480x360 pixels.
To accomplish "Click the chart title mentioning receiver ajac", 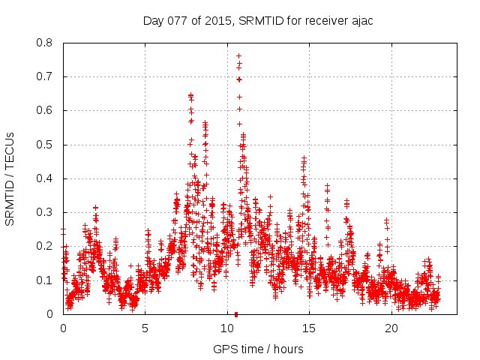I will click(258, 20).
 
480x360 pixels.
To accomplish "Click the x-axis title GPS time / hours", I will click(258, 349).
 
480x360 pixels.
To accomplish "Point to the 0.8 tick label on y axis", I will click(46, 43).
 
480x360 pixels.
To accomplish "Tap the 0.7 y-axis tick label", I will click(46, 76).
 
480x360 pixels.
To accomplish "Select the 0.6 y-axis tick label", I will click(46, 110).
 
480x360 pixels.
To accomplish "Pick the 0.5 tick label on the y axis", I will click(46, 145).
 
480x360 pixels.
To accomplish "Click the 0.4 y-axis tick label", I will click(46, 178).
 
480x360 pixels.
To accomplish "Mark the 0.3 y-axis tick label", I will click(46, 212).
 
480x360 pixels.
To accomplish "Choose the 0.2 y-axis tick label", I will click(46, 246).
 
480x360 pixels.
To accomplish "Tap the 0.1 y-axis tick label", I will click(46, 280).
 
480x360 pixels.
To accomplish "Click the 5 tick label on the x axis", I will click(145, 328).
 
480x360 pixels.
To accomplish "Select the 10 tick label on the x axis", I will click(227, 328).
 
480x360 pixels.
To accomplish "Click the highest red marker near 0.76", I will click(238, 55).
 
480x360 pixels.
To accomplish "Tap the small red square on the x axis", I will click(236, 313).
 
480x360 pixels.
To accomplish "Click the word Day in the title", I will click(154, 20).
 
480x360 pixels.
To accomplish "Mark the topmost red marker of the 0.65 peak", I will click(190, 95).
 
